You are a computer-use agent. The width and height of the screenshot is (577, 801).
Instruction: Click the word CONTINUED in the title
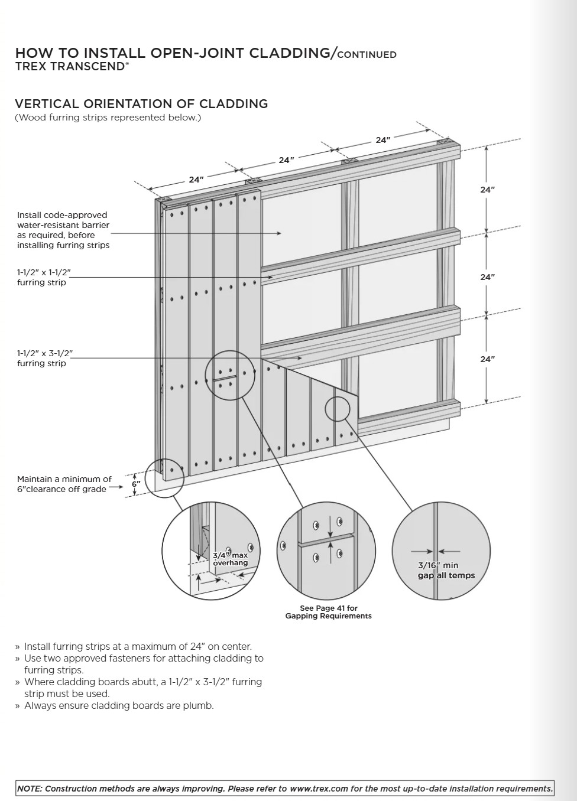pyautogui.click(x=367, y=55)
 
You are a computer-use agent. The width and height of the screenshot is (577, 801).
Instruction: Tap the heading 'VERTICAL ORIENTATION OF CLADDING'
pyautogui.click(x=141, y=104)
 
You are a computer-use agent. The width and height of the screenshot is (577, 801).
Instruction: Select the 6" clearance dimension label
pyautogui.click(x=137, y=484)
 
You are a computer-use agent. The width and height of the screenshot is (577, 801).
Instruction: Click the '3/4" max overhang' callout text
pyautogui.click(x=230, y=559)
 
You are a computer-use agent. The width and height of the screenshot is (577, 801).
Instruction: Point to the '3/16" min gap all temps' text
pyautogui.click(x=446, y=571)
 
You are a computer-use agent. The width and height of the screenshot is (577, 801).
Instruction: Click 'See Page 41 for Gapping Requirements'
pyautogui.click(x=328, y=612)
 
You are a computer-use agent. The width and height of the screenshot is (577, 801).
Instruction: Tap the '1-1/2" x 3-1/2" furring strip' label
pyautogui.click(x=45, y=359)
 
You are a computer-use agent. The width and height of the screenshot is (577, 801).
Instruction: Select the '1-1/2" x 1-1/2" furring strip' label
pyautogui.click(x=44, y=278)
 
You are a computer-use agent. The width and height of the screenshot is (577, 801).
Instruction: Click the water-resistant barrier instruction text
pyautogui.click(x=63, y=230)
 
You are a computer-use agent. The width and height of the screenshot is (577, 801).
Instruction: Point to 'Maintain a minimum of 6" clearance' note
pyautogui.click(x=64, y=484)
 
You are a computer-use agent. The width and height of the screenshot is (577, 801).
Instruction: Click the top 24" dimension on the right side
pyautogui.click(x=487, y=190)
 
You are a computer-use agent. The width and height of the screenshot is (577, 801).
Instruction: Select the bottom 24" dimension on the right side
pyautogui.click(x=487, y=359)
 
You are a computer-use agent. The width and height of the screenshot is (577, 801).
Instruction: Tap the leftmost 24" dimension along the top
pyautogui.click(x=196, y=180)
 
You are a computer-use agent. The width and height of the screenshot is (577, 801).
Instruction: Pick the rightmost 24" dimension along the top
pyautogui.click(x=383, y=140)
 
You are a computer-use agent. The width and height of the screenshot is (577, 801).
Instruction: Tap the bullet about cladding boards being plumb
pyautogui.click(x=118, y=705)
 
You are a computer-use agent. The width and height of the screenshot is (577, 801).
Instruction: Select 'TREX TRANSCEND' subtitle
pyautogui.click(x=72, y=67)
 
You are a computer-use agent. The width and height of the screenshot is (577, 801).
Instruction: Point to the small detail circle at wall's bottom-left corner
pyautogui.click(x=164, y=478)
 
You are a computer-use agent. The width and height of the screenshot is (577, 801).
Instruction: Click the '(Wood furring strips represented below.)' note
pyautogui.click(x=108, y=118)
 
